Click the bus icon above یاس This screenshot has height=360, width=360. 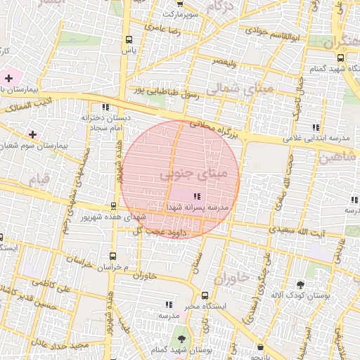[127, 40]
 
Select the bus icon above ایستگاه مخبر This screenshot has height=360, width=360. [205, 296]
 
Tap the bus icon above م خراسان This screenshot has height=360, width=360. [113, 257]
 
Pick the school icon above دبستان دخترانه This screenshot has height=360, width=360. [105, 108]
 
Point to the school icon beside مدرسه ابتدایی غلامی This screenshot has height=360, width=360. [316, 127]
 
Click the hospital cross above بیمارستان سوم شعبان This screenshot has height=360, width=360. [32, 134]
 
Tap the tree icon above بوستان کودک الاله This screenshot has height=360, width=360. [301, 285]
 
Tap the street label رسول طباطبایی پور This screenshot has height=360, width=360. [169, 92]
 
